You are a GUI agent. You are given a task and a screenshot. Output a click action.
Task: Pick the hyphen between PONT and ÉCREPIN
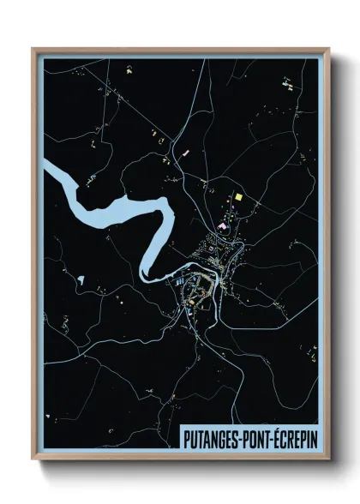(x=276, y=439)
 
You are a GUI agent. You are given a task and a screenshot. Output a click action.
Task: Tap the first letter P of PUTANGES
(x=187, y=438)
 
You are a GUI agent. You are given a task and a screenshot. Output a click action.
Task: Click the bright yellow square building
(x=238, y=199)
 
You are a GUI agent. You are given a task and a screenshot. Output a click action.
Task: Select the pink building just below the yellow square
(x=222, y=225)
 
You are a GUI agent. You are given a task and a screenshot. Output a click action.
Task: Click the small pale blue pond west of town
(x=81, y=279)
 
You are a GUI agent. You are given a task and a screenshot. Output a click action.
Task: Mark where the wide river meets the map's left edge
(x=45, y=166)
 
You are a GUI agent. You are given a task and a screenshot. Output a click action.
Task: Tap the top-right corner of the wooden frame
(x=328, y=49)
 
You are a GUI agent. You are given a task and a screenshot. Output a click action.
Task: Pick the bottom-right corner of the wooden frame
(x=328, y=460)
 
